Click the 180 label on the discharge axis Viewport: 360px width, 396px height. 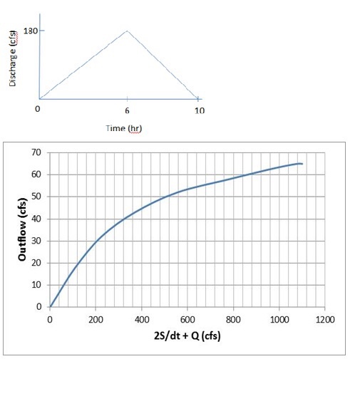(x=31, y=31)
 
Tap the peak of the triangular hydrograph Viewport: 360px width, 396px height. (x=127, y=31)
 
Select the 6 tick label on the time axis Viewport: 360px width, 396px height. (x=127, y=110)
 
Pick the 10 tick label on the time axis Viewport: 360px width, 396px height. (x=199, y=110)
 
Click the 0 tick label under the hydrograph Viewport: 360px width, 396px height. (x=38, y=110)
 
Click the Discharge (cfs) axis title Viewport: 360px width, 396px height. (x=13, y=62)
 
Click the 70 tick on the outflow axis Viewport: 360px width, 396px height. (x=37, y=152)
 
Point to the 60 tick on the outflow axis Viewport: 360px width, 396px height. (x=37, y=174)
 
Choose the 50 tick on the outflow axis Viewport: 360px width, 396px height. (x=37, y=197)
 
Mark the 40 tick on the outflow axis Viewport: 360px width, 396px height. (x=37, y=219)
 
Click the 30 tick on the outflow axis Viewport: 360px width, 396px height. (x=37, y=241)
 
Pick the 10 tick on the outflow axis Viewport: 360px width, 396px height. (x=37, y=285)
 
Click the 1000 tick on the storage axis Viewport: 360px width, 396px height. (x=279, y=319)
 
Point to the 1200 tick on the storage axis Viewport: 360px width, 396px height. (x=324, y=319)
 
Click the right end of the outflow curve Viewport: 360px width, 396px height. (x=302, y=164)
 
